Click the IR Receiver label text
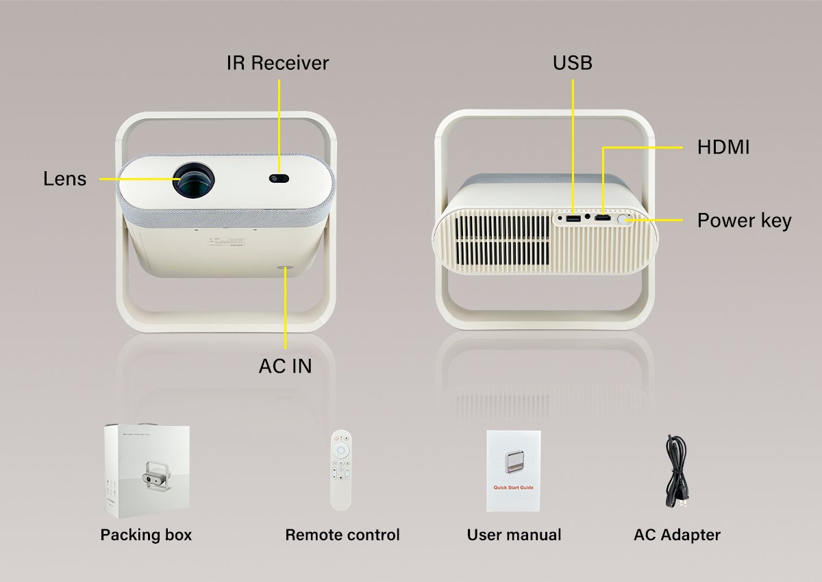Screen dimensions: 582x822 coord(277,63)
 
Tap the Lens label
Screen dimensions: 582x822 coord(65,179)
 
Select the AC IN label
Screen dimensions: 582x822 coord(285,366)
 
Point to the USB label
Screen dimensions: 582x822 coord(573,63)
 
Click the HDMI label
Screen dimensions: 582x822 coord(723,147)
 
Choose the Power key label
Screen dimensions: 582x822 coord(744,221)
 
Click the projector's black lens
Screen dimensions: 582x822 coord(193,181)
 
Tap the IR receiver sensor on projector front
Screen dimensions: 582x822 coord(279,179)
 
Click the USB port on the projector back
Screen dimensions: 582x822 coord(573,219)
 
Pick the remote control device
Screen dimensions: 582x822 coord(341,470)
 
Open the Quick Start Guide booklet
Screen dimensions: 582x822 coord(514,471)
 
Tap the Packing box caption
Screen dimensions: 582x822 coord(146,535)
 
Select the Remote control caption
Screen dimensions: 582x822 coord(342,535)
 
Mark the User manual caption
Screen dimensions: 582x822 coord(514,535)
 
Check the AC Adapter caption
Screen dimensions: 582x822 coord(677,535)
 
